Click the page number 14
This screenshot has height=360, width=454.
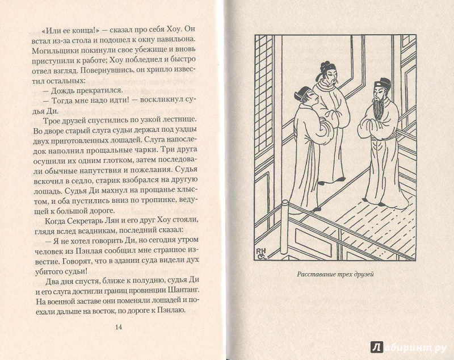click(x=119, y=327)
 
